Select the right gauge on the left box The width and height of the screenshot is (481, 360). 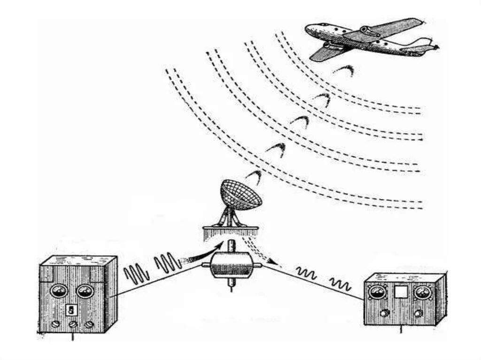pos(85,291)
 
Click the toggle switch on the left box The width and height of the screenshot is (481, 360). pos(72,309)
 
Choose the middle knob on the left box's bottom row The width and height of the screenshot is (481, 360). pos(73,324)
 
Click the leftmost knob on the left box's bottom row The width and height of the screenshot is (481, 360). pos(56,324)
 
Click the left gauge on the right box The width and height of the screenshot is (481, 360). pos(378,293)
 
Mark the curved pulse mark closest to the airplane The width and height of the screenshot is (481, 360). pos(344,71)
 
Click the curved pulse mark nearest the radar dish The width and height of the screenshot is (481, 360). pos(254,177)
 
